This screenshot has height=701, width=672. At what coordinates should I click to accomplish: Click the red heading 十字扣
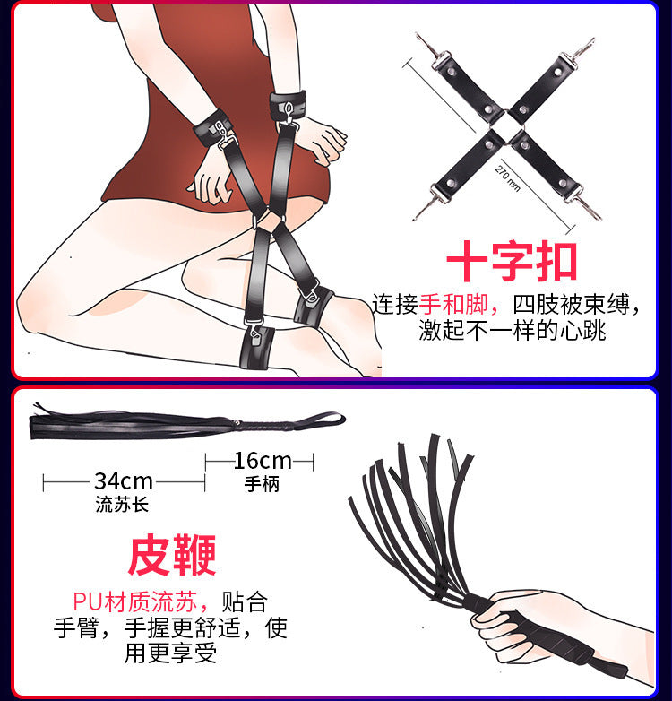tap(512, 261)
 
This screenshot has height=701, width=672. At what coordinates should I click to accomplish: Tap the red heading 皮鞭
tap(172, 555)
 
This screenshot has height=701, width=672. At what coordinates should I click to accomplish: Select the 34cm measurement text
tap(124, 481)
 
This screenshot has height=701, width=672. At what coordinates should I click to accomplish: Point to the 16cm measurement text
tap(263, 461)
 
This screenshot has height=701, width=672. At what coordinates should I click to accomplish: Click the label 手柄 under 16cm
tap(262, 484)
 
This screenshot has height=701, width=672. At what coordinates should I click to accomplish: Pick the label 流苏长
tap(122, 505)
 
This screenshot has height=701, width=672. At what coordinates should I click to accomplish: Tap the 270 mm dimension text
tap(508, 178)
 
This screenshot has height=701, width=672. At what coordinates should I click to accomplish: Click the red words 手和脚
tap(453, 305)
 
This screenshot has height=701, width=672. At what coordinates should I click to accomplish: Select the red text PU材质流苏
tap(134, 601)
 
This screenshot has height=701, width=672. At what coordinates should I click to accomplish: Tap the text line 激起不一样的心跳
tap(512, 331)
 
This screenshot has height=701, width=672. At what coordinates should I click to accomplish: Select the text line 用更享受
tap(170, 653)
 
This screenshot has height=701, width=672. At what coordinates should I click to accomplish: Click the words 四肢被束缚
tap(571, 305)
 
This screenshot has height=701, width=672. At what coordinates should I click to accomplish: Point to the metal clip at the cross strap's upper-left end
tap(433, 52)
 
